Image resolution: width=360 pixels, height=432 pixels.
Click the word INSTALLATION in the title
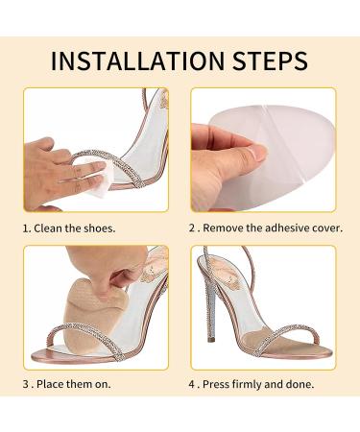pyautogui.click(x=138, y=60)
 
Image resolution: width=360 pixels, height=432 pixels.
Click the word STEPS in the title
pyautogui.click(x=270, y=60)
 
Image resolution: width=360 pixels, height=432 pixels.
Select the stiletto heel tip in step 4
pyautogui.click(x=211, y=340)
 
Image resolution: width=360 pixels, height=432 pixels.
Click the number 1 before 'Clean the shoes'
pyautogui.click(x=26, y=228)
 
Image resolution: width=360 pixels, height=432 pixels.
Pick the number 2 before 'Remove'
pyautogui.click(x=192, y=228)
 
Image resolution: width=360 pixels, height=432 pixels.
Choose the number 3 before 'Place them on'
pyautogui.click(x=26, y=384)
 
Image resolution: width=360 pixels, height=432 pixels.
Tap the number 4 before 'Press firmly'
pyautogui.click(x=192, y=384)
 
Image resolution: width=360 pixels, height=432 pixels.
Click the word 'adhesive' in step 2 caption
pyautogui.click(x=285, y=228)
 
